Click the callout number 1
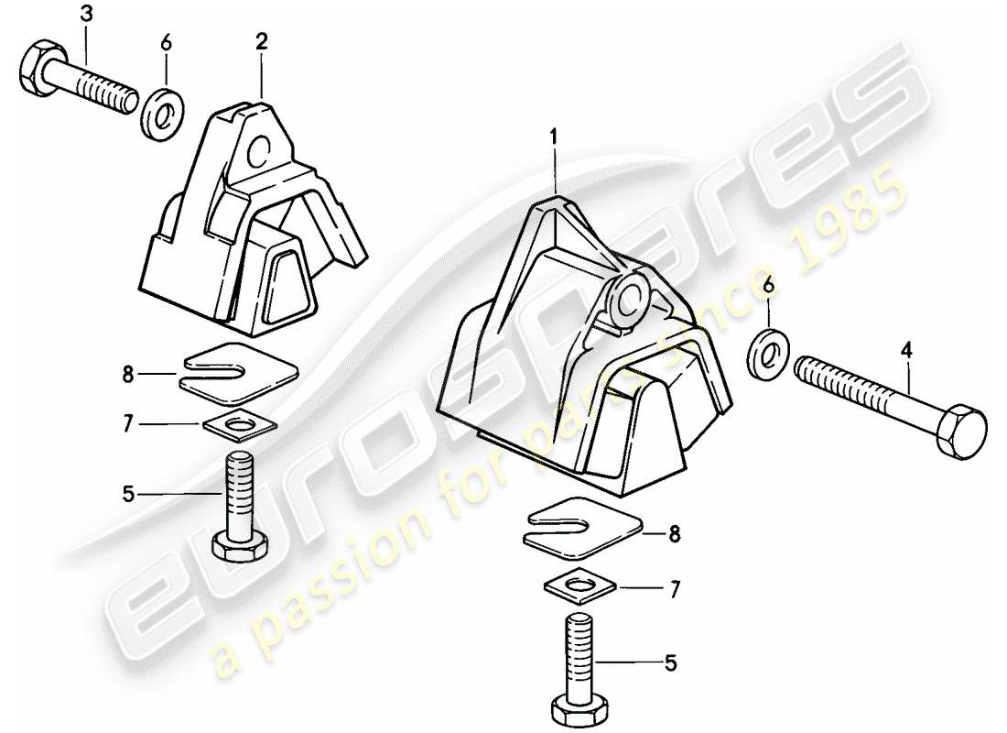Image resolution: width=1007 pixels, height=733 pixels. pos(554,137)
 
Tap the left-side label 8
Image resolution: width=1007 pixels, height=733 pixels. pos(128,374)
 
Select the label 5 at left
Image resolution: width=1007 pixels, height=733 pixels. pos(128,495)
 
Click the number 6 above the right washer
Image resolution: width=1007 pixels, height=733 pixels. pos(768,287)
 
